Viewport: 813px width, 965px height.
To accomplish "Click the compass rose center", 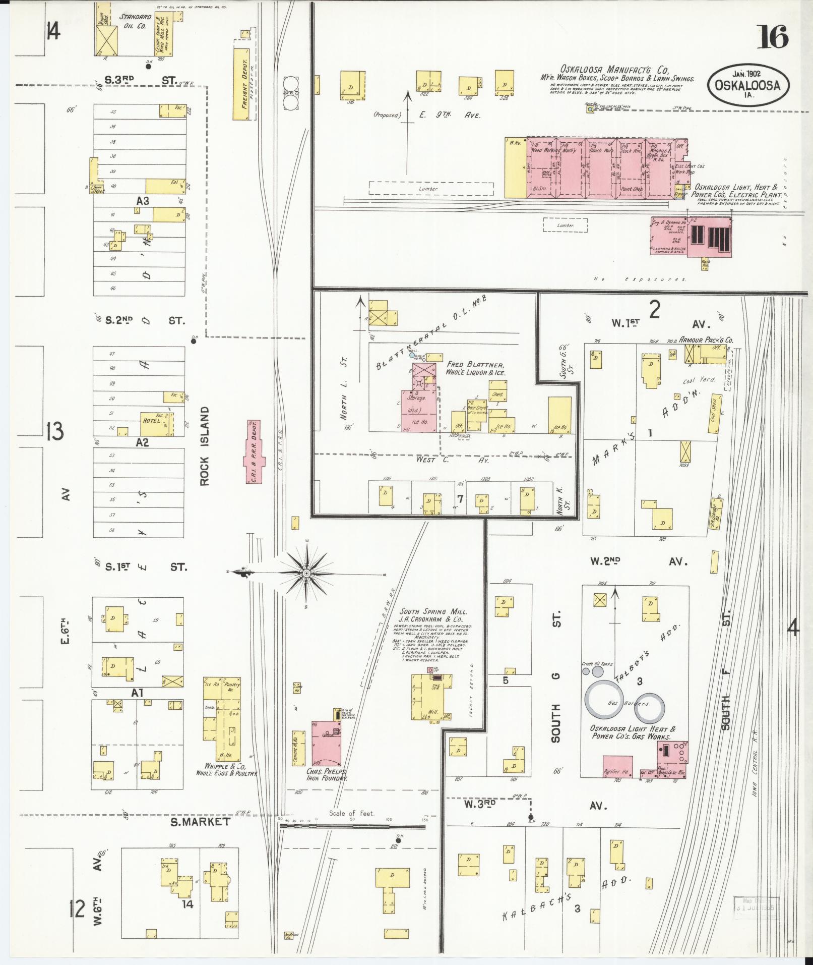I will (x=306, y=574).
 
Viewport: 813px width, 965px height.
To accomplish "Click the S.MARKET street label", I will (x=200, y=821).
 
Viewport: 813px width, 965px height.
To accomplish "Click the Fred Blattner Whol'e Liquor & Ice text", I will (x=475, y=368).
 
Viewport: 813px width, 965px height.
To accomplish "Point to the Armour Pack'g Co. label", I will (x=706, y=340).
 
